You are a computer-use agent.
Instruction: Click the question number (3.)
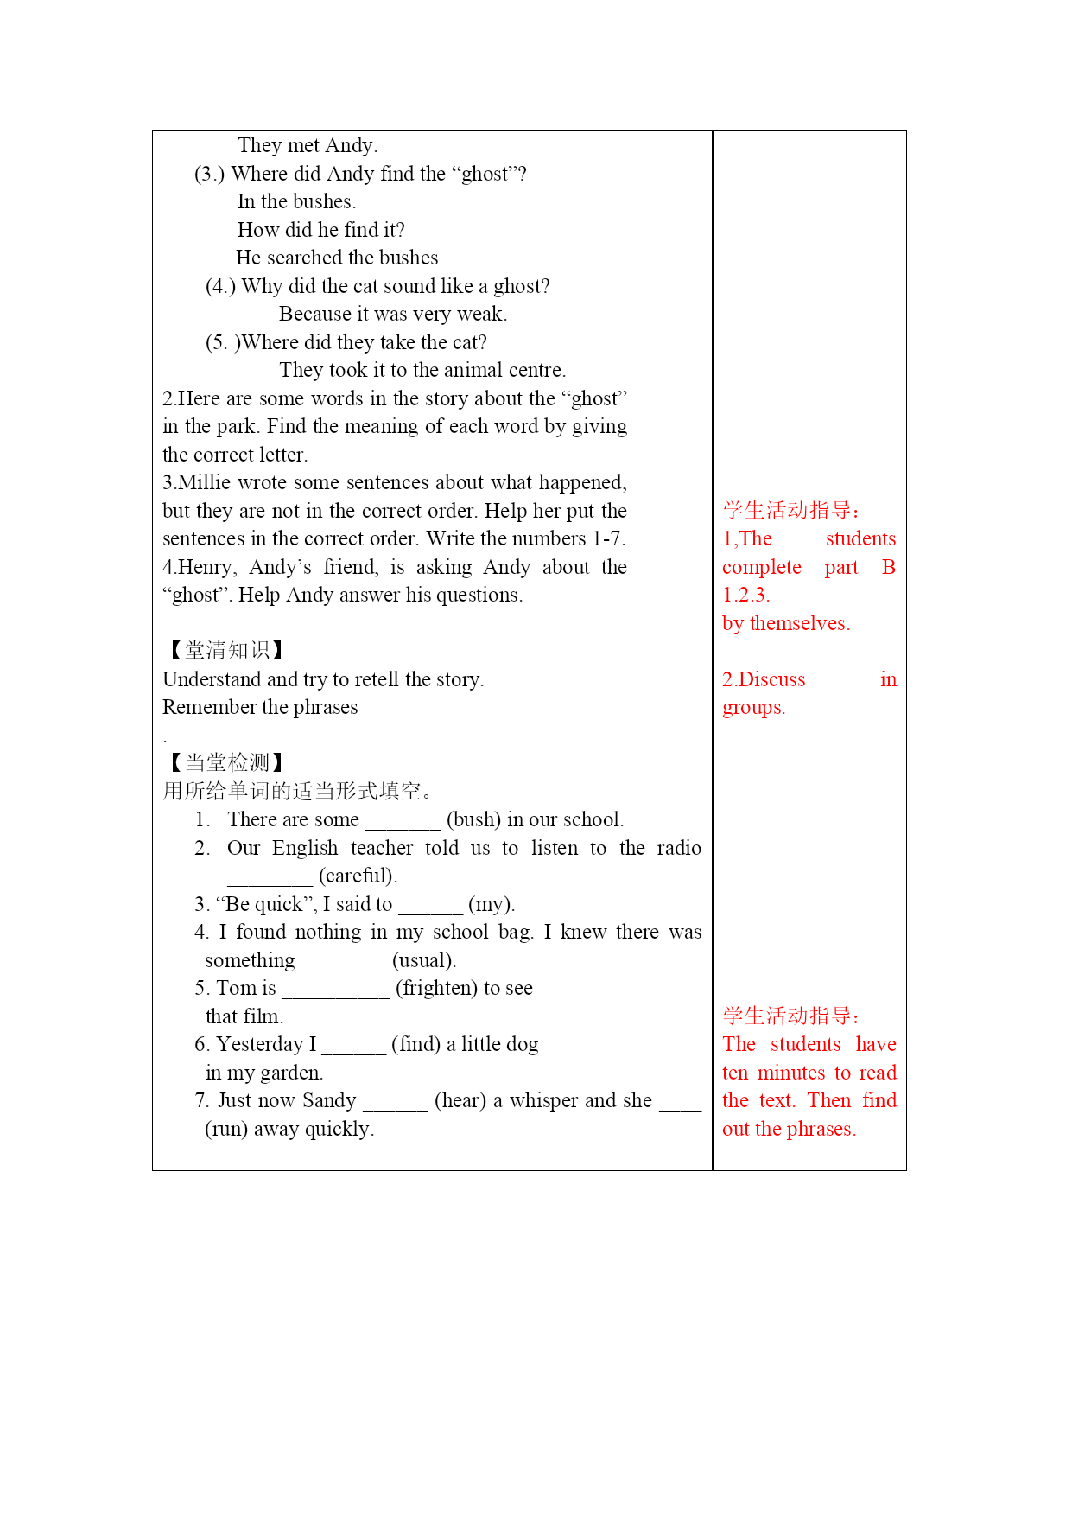coord(210,174)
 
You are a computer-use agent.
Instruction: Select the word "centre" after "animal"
coord(536,370)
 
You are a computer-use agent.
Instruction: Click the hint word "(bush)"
coord(473,819)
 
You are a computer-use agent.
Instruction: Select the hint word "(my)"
coord(491,904)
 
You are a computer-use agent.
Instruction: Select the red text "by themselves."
coord(786,623)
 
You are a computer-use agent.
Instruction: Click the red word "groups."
coord(754,707)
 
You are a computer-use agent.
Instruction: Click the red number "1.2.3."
coord(746,595)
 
